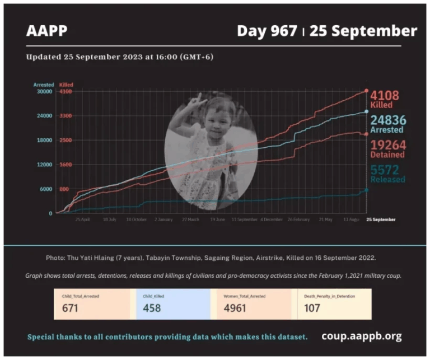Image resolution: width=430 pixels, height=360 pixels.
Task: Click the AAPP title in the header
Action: tap(46, 30)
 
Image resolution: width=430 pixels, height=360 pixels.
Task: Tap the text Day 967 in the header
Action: tap(267, 30)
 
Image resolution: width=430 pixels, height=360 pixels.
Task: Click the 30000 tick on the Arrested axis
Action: tap(43, 91)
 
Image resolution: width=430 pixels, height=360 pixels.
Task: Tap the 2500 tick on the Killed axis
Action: tap(65, 140)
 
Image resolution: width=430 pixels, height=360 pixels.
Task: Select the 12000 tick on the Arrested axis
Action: tap(43, 165)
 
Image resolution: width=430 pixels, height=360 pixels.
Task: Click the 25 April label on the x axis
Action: tap(82, 219)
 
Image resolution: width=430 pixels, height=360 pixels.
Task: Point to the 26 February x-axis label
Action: tap(298, 219)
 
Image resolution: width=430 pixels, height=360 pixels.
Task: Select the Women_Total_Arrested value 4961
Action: tap(235, 308)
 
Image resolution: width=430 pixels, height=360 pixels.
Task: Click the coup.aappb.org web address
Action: tap(361, 336)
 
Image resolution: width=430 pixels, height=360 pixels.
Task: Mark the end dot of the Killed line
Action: tap(366, 90)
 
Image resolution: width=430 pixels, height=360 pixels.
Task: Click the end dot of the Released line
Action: tap(366, 190)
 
